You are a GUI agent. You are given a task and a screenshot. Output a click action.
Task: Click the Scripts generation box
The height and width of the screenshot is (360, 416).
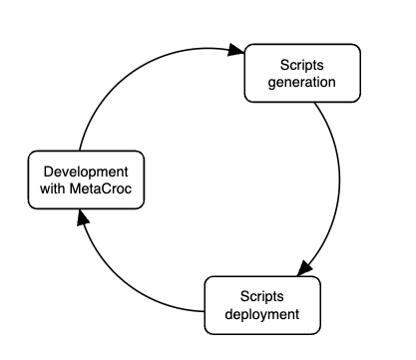click(x=289, y=73)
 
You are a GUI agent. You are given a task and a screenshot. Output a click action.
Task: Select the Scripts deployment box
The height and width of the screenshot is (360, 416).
click(x=262, y=305)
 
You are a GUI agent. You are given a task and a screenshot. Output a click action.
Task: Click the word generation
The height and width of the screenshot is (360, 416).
click(x=289, y=82)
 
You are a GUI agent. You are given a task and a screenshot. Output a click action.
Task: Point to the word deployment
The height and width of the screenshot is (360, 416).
click(x=262, y=314)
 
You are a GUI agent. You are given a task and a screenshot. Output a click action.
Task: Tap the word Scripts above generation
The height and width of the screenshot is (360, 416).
click(x=289, y=65)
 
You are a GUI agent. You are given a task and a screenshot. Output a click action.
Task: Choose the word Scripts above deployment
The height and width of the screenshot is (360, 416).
click(x=262, y=297)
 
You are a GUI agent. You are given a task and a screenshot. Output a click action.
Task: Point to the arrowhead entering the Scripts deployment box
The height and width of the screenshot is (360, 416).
click(x=305, y=270)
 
